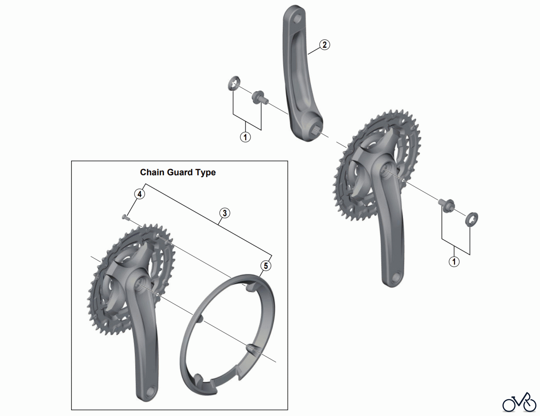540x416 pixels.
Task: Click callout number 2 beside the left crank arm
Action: click(x=324, y=45)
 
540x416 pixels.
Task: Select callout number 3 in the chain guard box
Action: click(x=224, y=213)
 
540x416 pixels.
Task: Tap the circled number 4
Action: click(x=139, y=194)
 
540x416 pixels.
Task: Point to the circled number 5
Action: click(x=265, y=266)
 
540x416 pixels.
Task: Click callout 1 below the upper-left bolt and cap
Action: click(x=245, y=137)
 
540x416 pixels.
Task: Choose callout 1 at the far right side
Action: click(x=454, y=261)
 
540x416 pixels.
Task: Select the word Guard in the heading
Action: click(x=180, y=172)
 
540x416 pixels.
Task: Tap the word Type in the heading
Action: click(x=205, y=173)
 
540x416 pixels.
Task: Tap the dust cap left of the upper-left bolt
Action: click(x=234, y=84)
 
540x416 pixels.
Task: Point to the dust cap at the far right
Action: click(x=472, y=219)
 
